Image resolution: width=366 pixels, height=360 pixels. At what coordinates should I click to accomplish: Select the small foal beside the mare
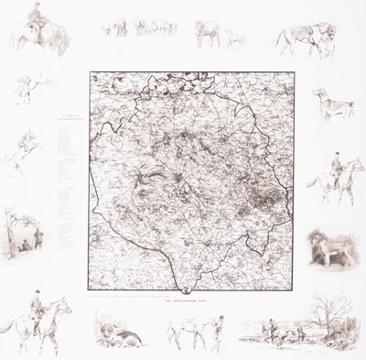click(236, 38)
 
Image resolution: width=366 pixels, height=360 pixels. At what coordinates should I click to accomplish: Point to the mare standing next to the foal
click(210, 33)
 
